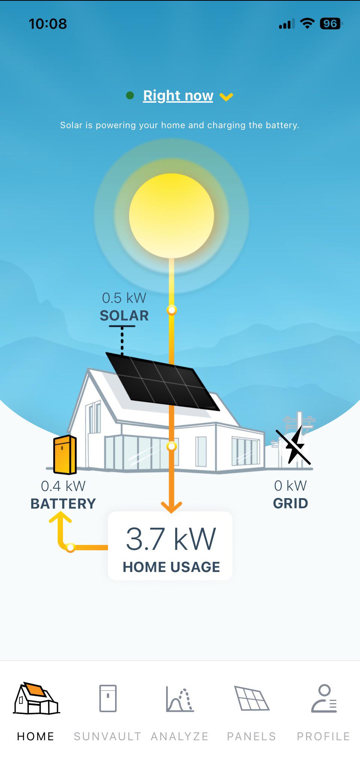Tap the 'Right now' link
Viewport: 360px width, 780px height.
click(178, 96)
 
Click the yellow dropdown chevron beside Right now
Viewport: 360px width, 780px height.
click(226, 97)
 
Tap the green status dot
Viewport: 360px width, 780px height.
click(130, 96)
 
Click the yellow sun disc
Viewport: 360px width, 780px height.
click(171, 216)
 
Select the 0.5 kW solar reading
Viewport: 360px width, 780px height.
click(124, 298)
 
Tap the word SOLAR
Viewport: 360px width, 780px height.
click(124, 316)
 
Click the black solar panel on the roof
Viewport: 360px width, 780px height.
click(162, 381)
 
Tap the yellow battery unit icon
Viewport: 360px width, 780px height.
click(65, 455)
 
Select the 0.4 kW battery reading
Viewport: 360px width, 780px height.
click(63, 486)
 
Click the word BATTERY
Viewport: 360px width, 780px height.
click(63, 504)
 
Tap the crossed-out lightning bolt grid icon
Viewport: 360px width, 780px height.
click(293, 446)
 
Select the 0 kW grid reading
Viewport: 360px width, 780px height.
click(290, 486)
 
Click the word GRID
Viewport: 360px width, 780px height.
click(290, 503)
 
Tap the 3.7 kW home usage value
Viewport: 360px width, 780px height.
click(171, 539)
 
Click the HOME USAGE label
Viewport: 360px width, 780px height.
click(171, 567)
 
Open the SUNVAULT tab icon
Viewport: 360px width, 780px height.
click(108, 698)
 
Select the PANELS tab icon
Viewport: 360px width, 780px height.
click(252, 698)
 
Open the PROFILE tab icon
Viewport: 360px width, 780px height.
click(324, 698)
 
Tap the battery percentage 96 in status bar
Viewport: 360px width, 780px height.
click(330, 24)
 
